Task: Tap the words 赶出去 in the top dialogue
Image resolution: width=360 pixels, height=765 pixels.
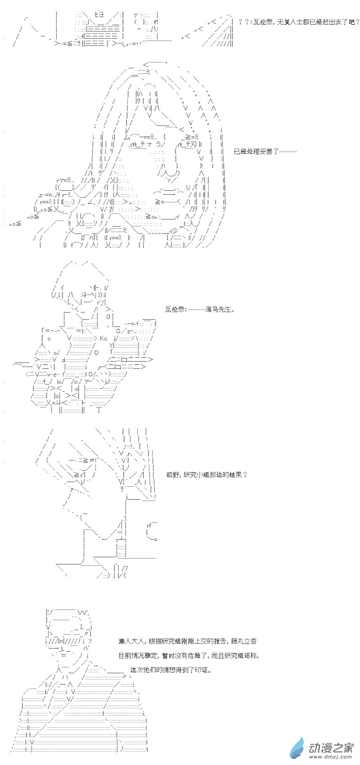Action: [323, 22]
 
